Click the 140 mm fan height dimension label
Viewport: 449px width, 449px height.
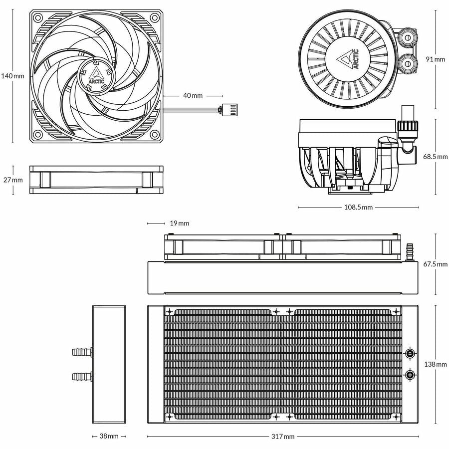(x=12, y=76)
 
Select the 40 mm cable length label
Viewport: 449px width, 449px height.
(x=193, y=95)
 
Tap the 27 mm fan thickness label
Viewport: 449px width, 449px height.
(x=12, y=180)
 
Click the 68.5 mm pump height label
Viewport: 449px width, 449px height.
(x=436, y=157)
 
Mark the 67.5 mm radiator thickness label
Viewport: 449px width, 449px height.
(x=436, y=264)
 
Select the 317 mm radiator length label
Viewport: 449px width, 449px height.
(x=282, y=437)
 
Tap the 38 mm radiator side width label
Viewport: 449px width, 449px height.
(x=109, y=437)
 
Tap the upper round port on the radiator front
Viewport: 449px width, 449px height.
(x=410, y=353)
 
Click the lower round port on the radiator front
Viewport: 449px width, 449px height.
(x=410, y=375)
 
